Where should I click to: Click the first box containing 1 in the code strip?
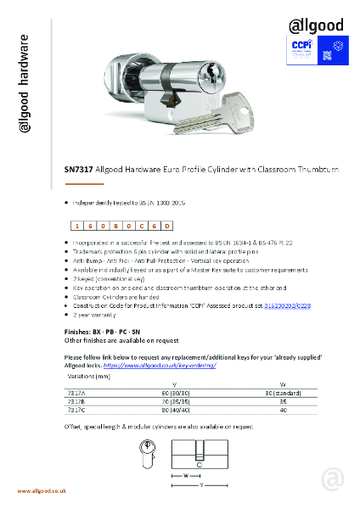[x=77, y=225]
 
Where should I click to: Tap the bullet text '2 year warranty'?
[x=100, y=312]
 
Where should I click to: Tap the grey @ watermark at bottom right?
[x=334, y=479]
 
